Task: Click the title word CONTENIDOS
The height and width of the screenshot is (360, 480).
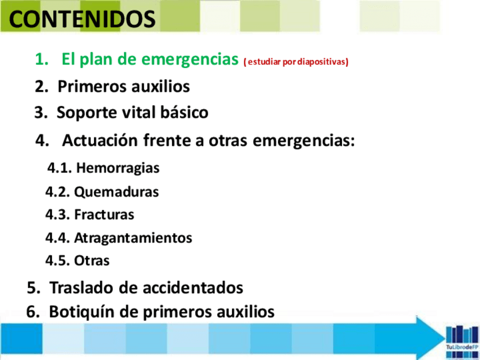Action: coord(82,19)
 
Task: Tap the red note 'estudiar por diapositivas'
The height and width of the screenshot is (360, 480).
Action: coord(296,62)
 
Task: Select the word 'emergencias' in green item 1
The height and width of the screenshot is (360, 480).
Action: coord(190,59)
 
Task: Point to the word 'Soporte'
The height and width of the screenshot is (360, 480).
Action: coord(87,113)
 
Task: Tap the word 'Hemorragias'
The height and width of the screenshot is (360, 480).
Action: coord(118,168)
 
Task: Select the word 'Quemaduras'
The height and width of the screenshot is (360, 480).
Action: coord(117,192)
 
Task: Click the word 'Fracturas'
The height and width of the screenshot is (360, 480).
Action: coord(104,215)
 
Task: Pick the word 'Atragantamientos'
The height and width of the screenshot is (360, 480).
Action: coord(133,238)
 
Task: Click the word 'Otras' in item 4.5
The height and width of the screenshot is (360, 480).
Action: coord(92,260)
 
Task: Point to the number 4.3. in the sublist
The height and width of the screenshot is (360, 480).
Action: coord(58,215)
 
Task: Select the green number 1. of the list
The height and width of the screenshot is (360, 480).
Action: coord(42,59)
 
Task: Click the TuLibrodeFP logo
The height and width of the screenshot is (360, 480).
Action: coord(462,341)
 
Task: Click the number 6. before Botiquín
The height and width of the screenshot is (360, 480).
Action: coord(33,312)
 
